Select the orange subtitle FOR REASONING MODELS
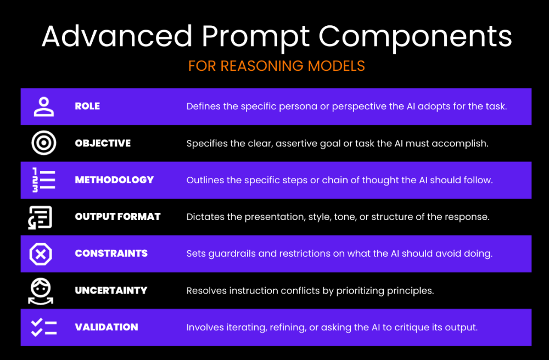click(277, 66)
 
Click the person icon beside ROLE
click(44, 106)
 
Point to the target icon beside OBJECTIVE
click(44, 143)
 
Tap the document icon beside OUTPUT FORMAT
click(40, 217)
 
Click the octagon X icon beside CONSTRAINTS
click(41, 254)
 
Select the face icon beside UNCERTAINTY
click(41, 291)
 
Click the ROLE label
click(87, 106)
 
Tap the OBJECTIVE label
click(103, 143)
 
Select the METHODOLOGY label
click(115, 180)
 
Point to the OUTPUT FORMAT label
click(117, 217)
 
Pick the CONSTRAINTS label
click(111, 254)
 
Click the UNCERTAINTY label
click(111, 290)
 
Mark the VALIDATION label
click(107, 327)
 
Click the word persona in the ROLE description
click(298, 106)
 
